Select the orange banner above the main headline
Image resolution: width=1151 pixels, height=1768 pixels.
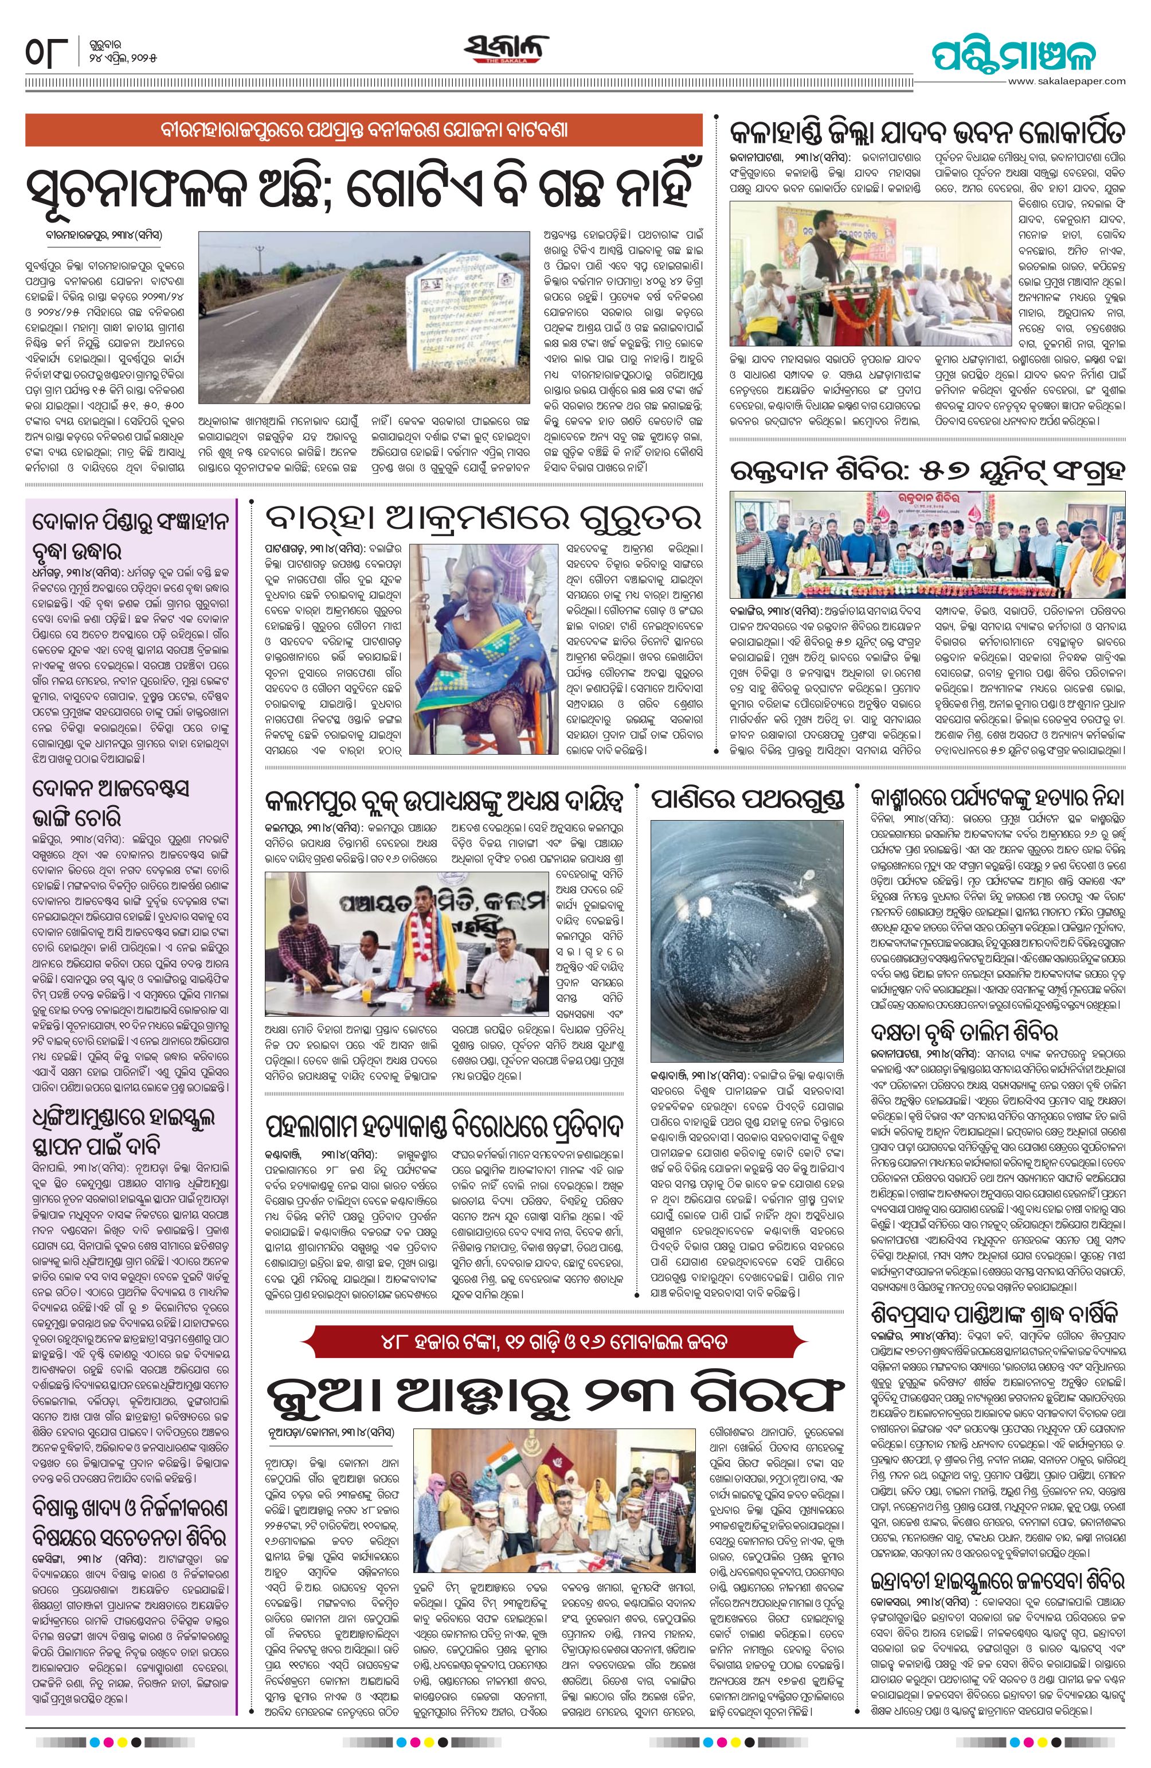[364, 130]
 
